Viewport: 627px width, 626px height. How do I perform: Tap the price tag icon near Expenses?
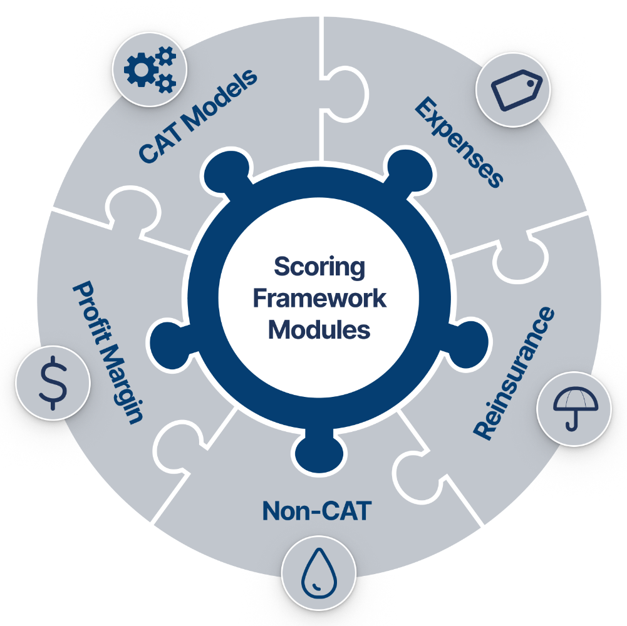point(512,90)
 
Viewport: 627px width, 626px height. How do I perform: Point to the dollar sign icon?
point(53,382)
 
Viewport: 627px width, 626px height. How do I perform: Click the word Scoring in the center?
point(319,268)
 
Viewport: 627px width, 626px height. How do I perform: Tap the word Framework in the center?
point(319,299)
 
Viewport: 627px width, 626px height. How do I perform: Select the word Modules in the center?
point(319,329)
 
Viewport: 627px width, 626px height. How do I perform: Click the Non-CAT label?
point(317,511)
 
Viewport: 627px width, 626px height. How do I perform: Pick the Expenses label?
point(459,141)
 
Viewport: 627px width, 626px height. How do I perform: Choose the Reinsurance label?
point(514,374)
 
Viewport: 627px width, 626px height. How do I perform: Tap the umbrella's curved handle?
point(571,423)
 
